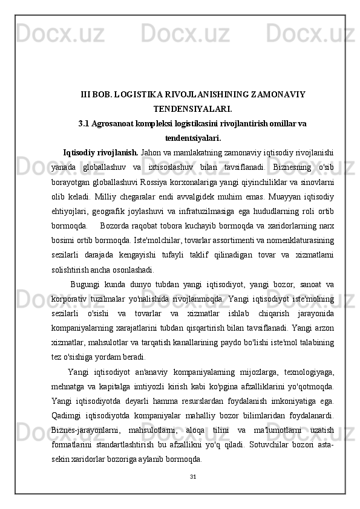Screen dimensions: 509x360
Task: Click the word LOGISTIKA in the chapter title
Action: (x=144, y=94)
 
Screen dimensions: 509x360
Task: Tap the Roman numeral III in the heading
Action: (x=87, y=94)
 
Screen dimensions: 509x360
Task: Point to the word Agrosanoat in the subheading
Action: (x=116, y=124)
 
